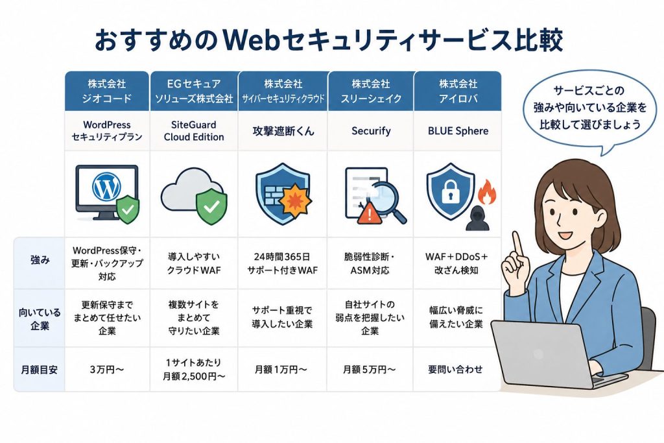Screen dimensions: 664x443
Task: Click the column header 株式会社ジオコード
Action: pos(107,91)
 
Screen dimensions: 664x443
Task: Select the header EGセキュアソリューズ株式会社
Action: pos(194,91)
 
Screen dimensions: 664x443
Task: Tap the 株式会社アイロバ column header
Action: pos(458,91)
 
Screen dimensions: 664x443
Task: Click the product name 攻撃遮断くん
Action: pos(283,131)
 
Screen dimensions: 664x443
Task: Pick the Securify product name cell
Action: pos(371,131)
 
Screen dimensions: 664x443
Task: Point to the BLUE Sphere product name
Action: pos(458,131)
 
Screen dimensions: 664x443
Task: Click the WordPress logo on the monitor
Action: pos(106,186)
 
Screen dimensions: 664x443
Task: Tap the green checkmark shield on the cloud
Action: pos(211,207)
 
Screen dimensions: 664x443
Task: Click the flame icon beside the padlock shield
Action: pos(488,192)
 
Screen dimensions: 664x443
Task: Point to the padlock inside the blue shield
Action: pos(451,191)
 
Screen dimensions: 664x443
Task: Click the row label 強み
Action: pos(40,260)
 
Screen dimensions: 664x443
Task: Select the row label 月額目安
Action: pos(40,370)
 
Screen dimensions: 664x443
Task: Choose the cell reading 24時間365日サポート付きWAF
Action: pos(283,263)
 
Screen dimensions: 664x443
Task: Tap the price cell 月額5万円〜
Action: pos(369,370)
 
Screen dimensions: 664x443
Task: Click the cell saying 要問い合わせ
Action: pos(455,369)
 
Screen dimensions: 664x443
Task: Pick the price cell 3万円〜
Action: pos(107,370)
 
